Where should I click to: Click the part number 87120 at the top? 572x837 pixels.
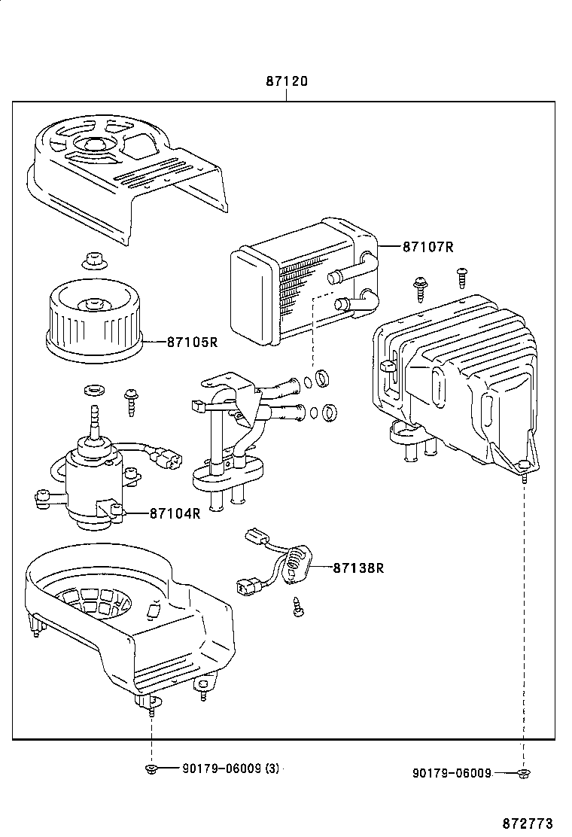pyautogui.click(x=286, y=81)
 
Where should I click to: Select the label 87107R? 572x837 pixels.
pyautogui.click(x=427, y=246)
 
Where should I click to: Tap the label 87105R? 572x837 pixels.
pyautogui.click(x=191, y=342)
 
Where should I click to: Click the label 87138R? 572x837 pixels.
pyautogui.click(x=358, y=568)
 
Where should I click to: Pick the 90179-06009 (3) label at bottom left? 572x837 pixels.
pyautogui.click(x=230, y=769)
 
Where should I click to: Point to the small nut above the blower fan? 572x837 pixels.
pyautogui.click(x=94, y=260)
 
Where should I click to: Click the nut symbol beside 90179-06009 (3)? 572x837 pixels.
pyautogui.click(x=151, y=769)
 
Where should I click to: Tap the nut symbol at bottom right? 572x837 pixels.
pyautogui.click(x=524, y=773)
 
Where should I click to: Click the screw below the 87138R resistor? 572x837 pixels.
pyautogui.click(x=298, y=606)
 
